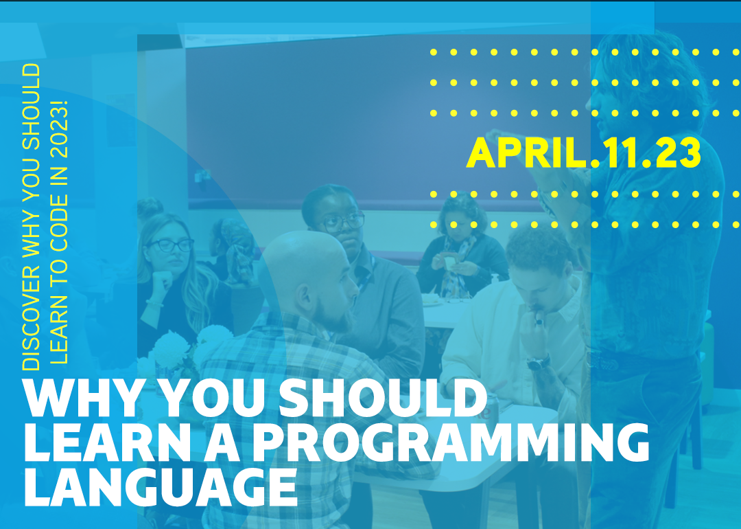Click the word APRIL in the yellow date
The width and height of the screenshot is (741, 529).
[526, 153]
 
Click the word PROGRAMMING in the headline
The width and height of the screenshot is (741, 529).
[451, 443]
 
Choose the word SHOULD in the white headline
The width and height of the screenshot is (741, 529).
[383, 398]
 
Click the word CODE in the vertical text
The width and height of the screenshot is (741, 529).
[59, 223]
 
